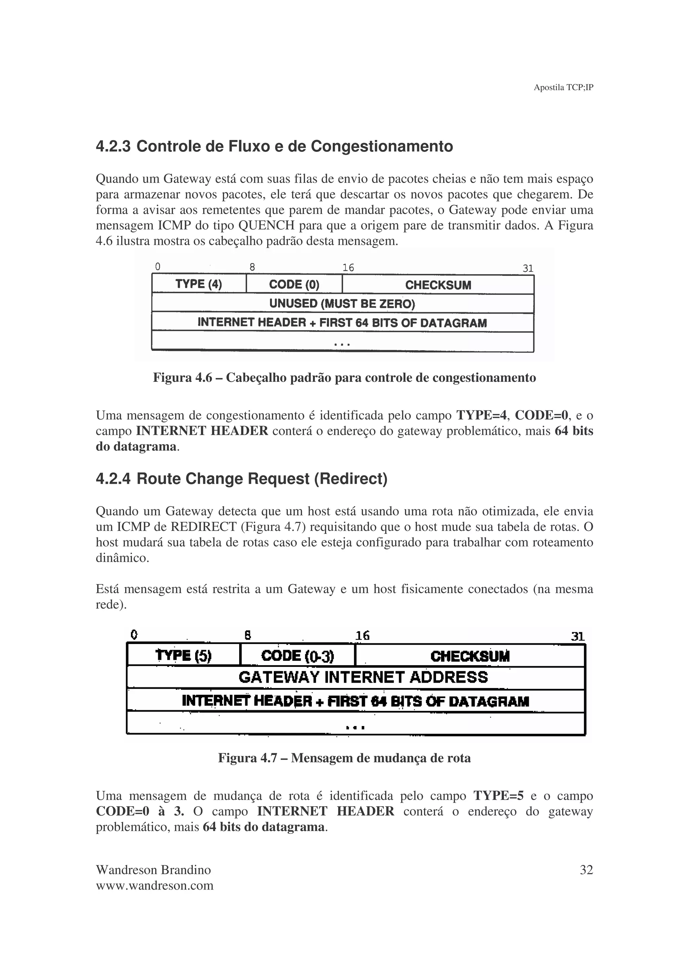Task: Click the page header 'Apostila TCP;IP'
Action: [563, 87]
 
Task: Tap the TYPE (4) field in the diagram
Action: [199, 284]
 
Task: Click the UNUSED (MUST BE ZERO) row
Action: [342, 303]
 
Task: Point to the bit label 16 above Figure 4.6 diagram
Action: [348, 267]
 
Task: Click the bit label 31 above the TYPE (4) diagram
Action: [528, 268]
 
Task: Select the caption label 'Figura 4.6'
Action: [182, 377]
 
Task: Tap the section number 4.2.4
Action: [113, 479]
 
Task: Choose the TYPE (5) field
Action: [183, 656]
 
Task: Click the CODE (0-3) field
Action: [298, 656]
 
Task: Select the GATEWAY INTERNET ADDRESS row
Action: [363, 677]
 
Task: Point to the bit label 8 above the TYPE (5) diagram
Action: [248, 635]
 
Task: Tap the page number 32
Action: [586, 870]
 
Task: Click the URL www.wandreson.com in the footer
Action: [154, 886]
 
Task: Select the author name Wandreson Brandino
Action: [153, 870]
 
